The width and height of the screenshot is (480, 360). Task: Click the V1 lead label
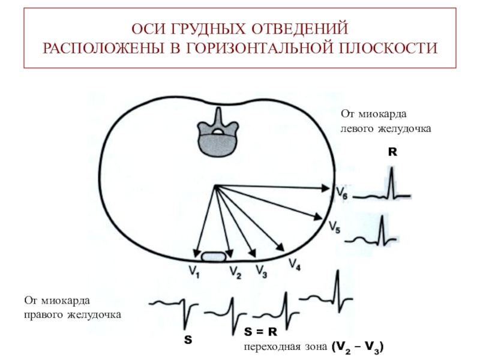point(193,272)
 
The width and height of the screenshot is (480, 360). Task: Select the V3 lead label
point(262,271)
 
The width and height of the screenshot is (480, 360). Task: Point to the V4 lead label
point(295,263)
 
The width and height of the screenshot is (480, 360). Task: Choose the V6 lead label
point(340,193)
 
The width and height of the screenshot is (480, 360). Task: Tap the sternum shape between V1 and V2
point(214,257)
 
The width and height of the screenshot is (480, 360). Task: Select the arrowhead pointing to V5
point(321,219)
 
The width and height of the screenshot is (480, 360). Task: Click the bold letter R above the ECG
point(392,153)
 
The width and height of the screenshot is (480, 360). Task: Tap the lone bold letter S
point(188,340)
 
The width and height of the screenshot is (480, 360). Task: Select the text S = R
point(260,331)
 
